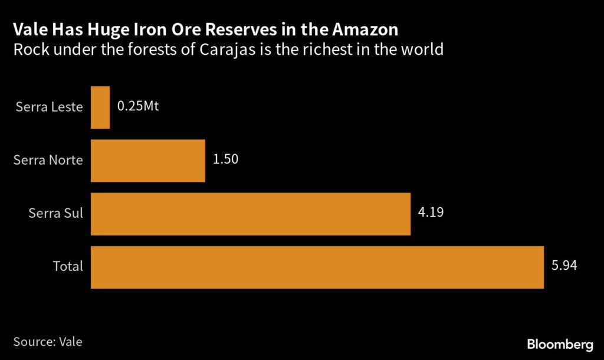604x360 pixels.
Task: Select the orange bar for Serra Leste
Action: click(100, 107)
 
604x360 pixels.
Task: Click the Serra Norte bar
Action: click(147, 161)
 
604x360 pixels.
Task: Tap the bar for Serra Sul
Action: click(250, 214)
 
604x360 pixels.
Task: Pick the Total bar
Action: click(317, 267)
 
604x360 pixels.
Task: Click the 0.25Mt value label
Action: click(138, 107)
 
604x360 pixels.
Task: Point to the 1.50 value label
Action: click(225, 159)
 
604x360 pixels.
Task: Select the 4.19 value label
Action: click(431, 212)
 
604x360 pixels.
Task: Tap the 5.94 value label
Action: click(564, 266)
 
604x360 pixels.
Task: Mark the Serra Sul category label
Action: click(55, 214)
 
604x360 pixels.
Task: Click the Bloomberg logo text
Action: click(559, 344)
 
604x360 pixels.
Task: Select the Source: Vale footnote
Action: click(47, 341)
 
